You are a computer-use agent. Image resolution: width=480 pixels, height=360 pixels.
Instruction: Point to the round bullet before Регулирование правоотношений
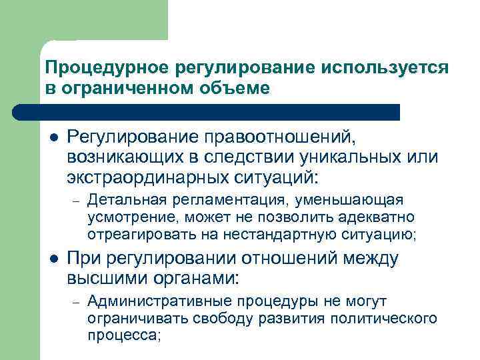pos(53,137)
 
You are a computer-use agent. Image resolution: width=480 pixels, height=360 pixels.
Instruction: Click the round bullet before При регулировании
pos(53,259)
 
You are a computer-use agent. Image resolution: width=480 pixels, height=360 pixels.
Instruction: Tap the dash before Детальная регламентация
pos(77,200)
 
